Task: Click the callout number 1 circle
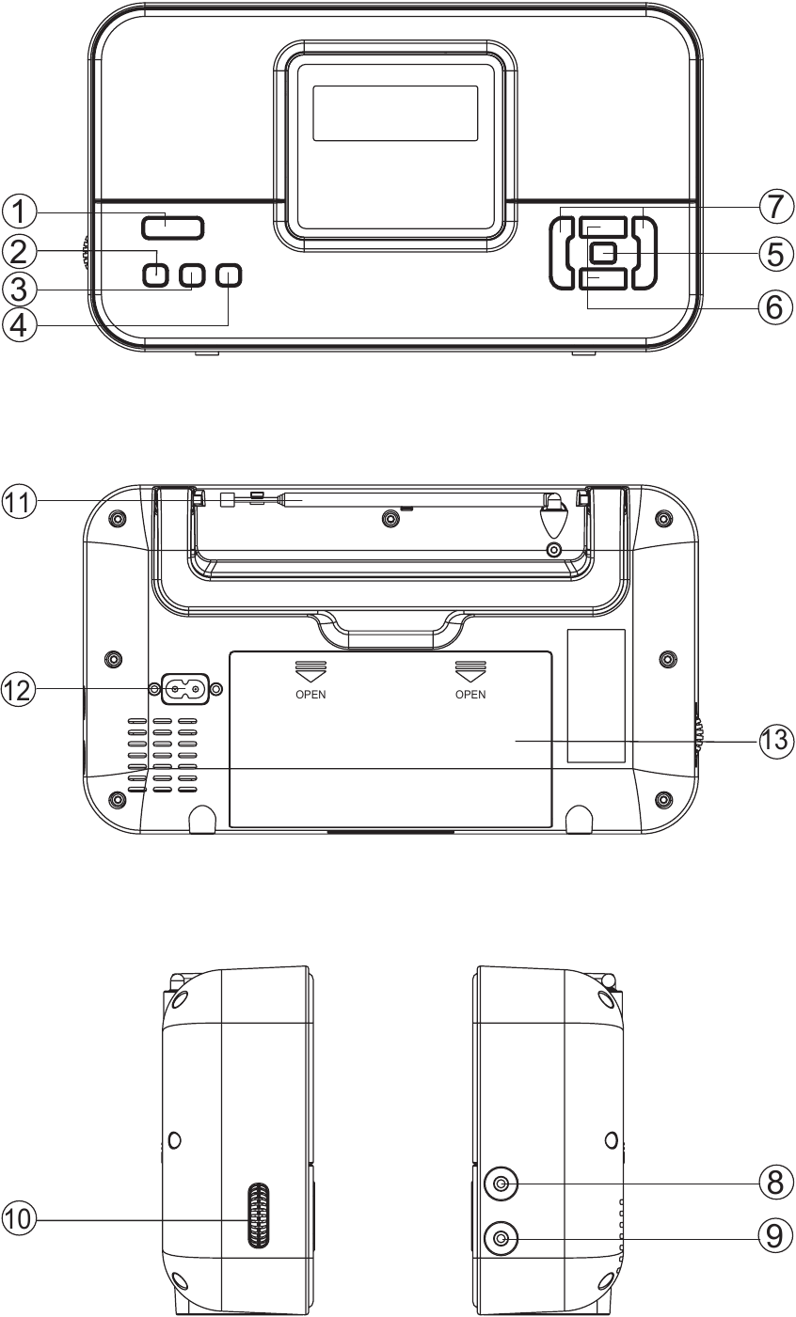point(19,212)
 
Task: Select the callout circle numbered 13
point(775,740)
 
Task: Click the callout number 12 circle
point(19,689)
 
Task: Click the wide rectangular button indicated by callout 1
point(173,227)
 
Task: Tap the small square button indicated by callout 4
point(229,274)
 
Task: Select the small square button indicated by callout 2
point(156,274)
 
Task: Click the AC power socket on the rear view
point(184,689)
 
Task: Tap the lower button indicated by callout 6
point(602,279)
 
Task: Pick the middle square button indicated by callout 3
point(192,274)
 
